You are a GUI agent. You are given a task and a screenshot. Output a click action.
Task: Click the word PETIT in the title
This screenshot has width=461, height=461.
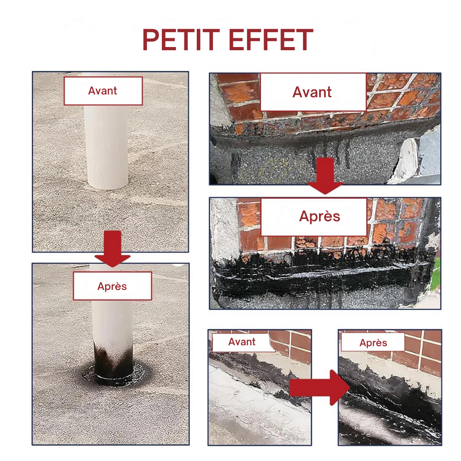(x=181, y=40)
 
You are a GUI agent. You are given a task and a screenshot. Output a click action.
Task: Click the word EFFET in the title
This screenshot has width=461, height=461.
(x=271, y=40)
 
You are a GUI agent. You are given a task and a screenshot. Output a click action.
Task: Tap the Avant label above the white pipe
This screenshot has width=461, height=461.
(x=103, y=91)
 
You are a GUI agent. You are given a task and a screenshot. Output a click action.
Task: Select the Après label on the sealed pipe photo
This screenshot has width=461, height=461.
(x=112, y=286)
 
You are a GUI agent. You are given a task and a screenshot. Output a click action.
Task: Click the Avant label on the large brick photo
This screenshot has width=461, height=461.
(x=312, y=92)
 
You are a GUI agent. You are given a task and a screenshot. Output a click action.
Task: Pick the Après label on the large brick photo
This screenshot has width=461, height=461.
(x=319, y=217)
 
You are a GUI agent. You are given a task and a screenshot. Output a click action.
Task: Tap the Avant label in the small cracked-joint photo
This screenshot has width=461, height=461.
(x=242, y=342)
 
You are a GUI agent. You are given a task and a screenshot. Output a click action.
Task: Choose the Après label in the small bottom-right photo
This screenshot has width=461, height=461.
(x=373, y=343)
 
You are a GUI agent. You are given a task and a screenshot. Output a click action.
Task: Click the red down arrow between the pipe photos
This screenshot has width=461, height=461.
(x=112, y=248)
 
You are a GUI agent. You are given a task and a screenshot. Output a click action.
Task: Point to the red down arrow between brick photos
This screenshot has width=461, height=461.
(x=325, y=176)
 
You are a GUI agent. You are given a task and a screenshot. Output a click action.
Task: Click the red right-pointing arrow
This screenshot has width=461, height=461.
(x=319, y=388)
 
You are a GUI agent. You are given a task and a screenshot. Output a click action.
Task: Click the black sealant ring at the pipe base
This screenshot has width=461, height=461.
(x=113, y=376)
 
